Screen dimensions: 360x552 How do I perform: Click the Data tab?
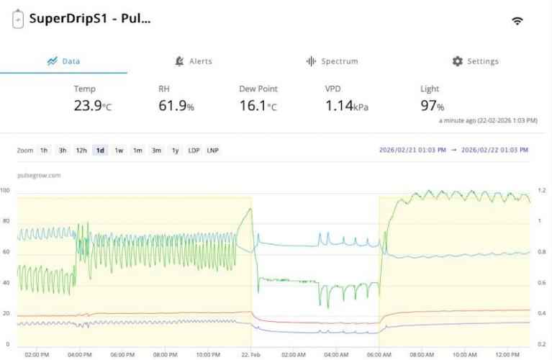[63, 61]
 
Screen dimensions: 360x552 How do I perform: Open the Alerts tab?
[194, 61]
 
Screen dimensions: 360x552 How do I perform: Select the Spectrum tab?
[332, 61]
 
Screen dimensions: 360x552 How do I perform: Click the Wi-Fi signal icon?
[517, 21]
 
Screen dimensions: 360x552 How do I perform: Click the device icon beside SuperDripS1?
[18, 20]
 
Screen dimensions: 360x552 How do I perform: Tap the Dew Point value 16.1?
[258, 105]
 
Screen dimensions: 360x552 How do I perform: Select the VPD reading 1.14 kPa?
[346, 105]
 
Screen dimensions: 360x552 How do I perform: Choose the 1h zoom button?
[44, 150]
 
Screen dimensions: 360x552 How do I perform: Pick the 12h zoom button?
[81, 150]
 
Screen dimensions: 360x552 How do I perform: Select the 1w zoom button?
[119, 150]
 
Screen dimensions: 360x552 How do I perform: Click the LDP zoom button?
[194, 150]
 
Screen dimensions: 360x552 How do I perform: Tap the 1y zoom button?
[175, 150]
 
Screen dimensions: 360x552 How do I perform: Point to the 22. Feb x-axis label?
[250, 354]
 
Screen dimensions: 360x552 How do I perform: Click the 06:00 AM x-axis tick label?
[379, 354]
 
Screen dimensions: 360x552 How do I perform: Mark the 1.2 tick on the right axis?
[542, 191]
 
